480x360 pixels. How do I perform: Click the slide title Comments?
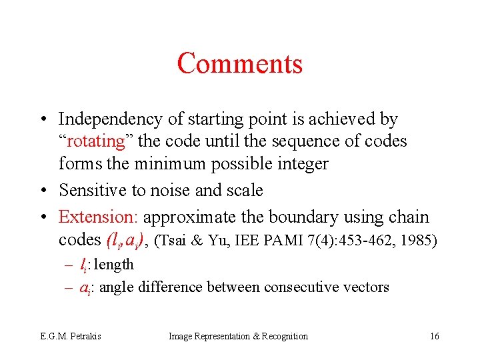click(x=240, y=63)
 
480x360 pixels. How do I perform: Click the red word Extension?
click(x=99, y=217)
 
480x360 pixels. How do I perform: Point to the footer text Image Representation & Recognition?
click(x=239, y=336)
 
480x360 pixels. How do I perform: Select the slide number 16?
click(x=434, y=336)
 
